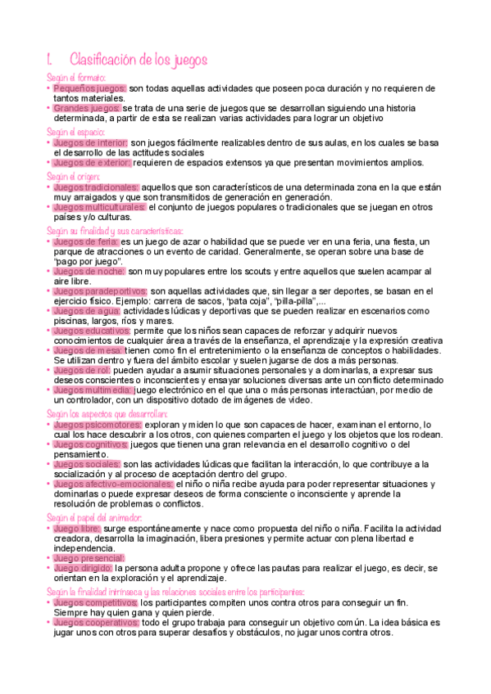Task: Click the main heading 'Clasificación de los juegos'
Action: click(x=139, y=60)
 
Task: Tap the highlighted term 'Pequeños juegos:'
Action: click(x=89, y=88)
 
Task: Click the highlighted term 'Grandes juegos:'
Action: click(x=87, y=108)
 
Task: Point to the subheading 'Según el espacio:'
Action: click(x=76, y=132)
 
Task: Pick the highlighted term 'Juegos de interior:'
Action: click(x=90, y=142)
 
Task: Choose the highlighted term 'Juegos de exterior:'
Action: click(x=91, y=162)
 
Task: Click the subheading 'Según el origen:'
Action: click(x=74, y=176)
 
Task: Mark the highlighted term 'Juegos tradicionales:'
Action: click(x=95, y=187)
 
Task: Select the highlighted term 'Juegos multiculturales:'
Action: click(x=99, y=207)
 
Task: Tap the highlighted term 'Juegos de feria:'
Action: click(x=85, y=242)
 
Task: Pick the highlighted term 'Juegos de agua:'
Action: click(x=86, y=310)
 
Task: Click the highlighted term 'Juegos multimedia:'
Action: click(x=92, y=390)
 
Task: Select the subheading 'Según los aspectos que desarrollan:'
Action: click(x=107, y=414)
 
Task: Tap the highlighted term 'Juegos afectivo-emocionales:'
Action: click(x=112, y=484)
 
